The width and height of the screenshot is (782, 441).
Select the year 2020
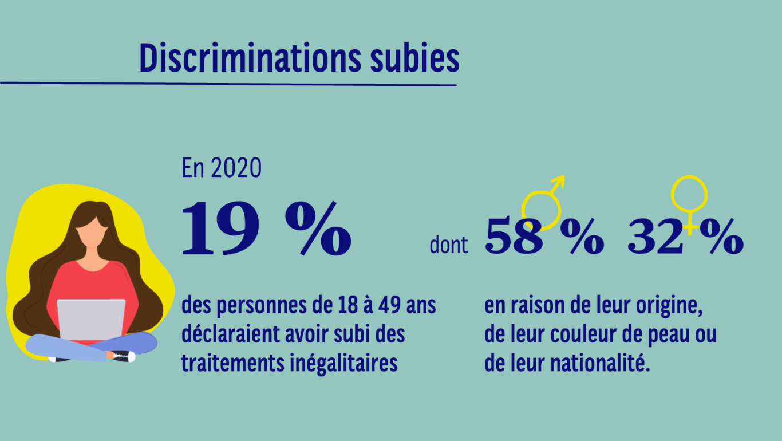(x=236, y=168)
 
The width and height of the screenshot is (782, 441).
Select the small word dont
(x=449, y=246)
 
